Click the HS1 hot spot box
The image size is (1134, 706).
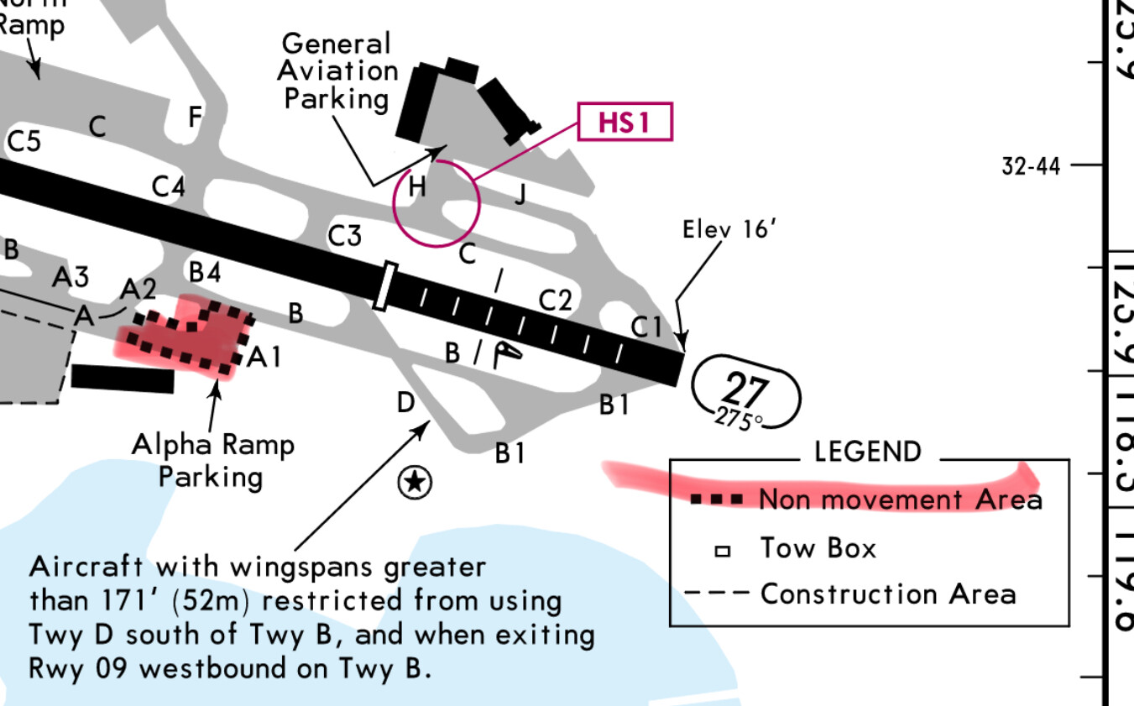(624, 123)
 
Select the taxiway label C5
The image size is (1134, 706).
(24, 141)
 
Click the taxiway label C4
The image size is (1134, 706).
(169, 186)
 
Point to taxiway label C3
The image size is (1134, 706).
(344, 237)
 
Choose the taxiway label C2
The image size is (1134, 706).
(555, 300)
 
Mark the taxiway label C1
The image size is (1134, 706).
(646, 327)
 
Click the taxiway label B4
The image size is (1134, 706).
(206, 273)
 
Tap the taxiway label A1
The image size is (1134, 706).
(264, 358)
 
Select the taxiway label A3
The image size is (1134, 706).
(71, 277)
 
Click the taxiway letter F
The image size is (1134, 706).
(195, 118)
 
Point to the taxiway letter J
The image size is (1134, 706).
(521, 196)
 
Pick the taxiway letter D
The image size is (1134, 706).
(405, 403)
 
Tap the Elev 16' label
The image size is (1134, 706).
(726, 229)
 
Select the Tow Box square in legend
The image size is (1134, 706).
(721, 552)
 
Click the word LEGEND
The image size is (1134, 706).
(867, 452)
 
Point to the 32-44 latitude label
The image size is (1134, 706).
(1031, 166)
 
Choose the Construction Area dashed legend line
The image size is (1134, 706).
(716, 594)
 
